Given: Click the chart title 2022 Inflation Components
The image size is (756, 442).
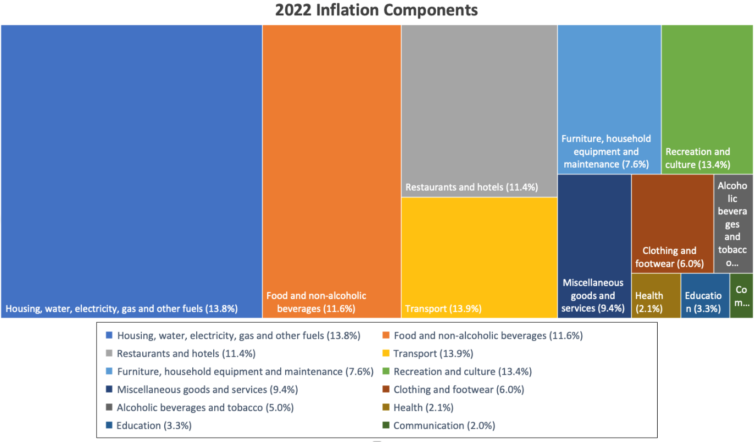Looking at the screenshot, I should (x=376, y=10).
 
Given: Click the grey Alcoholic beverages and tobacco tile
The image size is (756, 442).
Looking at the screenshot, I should (x=733, y=224).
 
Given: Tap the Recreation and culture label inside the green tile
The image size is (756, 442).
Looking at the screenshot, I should (x=698, y=158).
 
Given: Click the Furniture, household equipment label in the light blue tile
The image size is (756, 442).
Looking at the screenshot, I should (x=605, y=152).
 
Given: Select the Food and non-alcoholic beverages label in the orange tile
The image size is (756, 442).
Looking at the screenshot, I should (x=316, y=302).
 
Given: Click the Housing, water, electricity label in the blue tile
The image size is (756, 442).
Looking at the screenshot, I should (x=121, y=309).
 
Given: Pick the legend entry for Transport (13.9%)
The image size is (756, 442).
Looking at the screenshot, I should (x=433, y=353).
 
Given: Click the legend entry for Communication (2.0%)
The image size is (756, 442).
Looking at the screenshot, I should (x=444, y=426).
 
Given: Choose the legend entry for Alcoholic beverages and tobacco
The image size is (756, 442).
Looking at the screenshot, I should (x=205, y=408).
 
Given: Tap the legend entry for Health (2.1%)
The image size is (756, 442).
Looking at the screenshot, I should (x=423, y=408).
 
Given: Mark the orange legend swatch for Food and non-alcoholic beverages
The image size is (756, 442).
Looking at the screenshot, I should (x=386, y=335).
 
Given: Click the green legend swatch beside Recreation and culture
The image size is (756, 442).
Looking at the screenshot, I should (x=386, y=372).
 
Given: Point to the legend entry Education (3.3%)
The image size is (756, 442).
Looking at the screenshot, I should (x=154, y=426).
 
